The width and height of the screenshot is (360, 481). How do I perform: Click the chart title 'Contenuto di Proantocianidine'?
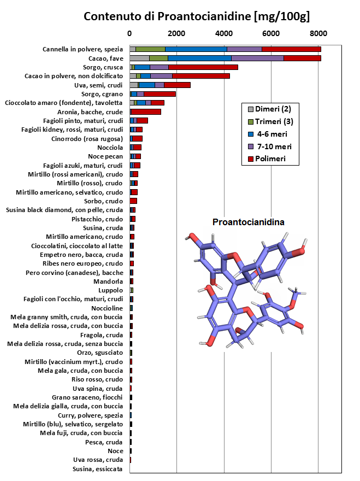168,16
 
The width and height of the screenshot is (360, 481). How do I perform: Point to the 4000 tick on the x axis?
224,33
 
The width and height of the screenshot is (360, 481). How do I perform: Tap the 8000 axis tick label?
318,33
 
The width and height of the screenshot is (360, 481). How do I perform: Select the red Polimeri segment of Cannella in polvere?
291,49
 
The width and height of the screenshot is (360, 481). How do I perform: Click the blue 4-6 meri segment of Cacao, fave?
199,58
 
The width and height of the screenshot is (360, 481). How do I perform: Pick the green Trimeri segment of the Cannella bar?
151,49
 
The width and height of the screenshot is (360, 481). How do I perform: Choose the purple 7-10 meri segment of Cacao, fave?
258,58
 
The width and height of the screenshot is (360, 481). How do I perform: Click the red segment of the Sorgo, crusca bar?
203,67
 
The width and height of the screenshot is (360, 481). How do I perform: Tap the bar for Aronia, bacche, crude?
145,112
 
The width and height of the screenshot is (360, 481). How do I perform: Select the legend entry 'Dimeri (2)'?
269,109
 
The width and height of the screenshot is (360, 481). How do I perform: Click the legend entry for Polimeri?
267,159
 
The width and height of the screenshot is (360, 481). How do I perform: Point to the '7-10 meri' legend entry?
270,146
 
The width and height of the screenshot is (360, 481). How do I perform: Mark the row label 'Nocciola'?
110,148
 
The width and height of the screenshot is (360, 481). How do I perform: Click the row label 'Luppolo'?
110,290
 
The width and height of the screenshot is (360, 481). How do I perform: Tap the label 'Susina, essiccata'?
98,469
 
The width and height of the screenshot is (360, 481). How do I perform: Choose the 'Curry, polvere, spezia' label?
91,415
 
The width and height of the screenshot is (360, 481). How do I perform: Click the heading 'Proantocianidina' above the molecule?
249,222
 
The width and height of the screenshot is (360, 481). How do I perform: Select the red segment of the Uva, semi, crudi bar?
177,85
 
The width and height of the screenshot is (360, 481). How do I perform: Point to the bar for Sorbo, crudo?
133,201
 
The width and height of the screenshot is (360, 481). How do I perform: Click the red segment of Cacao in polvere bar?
201,76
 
